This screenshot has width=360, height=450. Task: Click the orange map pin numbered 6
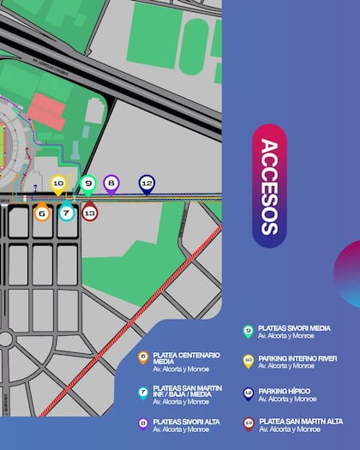pyautogui.click(x=41, y=212)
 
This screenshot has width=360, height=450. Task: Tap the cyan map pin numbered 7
pyautogui.click(x=66, y=212)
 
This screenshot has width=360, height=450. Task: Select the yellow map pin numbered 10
pyautogui.click(x=58, y=183)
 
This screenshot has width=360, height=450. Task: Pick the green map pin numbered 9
pyautogui.click(x=87, y=182)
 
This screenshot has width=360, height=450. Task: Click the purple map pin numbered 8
pyautogui.click(x=111, y=182)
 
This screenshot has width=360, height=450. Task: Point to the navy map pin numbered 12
pyautogui.click(x=147, y=183)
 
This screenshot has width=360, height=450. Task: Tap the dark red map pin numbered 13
pyautogui.click(x=90, y=212)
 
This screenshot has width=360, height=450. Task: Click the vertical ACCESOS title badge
pyautogui.click(x=268, y=186)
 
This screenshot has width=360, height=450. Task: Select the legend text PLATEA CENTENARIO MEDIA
pyautogui.click(x=179, y=357)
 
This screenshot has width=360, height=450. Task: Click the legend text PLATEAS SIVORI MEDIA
pyautogui.click(x=294, y=327)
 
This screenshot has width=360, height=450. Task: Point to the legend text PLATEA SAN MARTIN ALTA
pyautogui.click(x=301, y=421)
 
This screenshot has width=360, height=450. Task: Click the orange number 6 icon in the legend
pyautogui.click(x=143, y=357)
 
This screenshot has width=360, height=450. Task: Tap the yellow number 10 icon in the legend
pyautogui.click(x=248, y=361)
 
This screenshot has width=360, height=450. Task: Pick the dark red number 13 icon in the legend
pyautogui.click(x=248, y=423)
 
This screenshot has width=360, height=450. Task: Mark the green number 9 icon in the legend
pyautogui.click(x=248, y=330)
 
